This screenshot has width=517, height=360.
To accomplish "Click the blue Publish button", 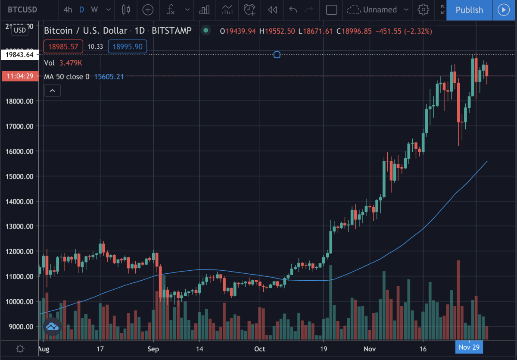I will tap(469, 10).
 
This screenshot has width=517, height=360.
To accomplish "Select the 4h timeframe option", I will tap(68, 9).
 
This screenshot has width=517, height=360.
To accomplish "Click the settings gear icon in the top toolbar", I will tap(424, 9).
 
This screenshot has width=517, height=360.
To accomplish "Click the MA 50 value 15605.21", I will tap(109, 77).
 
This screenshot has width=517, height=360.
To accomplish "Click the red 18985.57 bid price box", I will tap(63, 47).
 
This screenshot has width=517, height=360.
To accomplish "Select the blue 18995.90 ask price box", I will tap(127, 47).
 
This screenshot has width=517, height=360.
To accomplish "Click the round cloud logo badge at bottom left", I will tap(53, 326).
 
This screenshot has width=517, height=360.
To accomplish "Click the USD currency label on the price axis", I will tap(20, 30).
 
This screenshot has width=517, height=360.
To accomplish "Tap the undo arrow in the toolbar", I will tap(293, 9).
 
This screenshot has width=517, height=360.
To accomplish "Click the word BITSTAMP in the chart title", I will tap(172, 31).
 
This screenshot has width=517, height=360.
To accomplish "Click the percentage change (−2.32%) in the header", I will tap(417, 31).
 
